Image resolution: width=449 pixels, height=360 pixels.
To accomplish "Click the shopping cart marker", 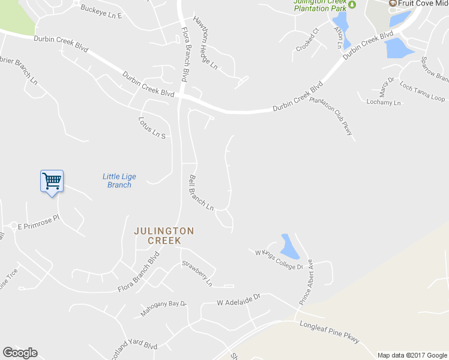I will [52, 181].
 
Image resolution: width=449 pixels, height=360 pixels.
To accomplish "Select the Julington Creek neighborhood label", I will [164, 235].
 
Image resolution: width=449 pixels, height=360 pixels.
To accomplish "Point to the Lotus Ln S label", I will [151, 128].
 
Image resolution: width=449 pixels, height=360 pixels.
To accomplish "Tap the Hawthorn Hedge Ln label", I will [205, 42].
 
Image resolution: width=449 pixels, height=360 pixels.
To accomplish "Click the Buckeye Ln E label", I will [101, 11].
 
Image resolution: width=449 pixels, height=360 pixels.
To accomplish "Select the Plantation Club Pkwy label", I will [331, 116].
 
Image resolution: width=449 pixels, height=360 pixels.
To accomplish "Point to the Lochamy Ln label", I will [384, 103].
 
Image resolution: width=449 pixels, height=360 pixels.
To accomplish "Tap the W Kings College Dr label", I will [280, 262].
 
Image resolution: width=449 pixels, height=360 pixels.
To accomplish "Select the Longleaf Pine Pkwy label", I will [329, 332].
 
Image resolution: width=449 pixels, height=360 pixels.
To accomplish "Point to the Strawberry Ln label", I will [197, 272].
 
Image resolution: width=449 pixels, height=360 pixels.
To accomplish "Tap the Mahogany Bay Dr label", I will [164, 309].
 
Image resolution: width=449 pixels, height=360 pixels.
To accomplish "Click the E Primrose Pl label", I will [39, 223].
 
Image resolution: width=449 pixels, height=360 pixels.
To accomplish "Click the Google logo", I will [20, 353].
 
